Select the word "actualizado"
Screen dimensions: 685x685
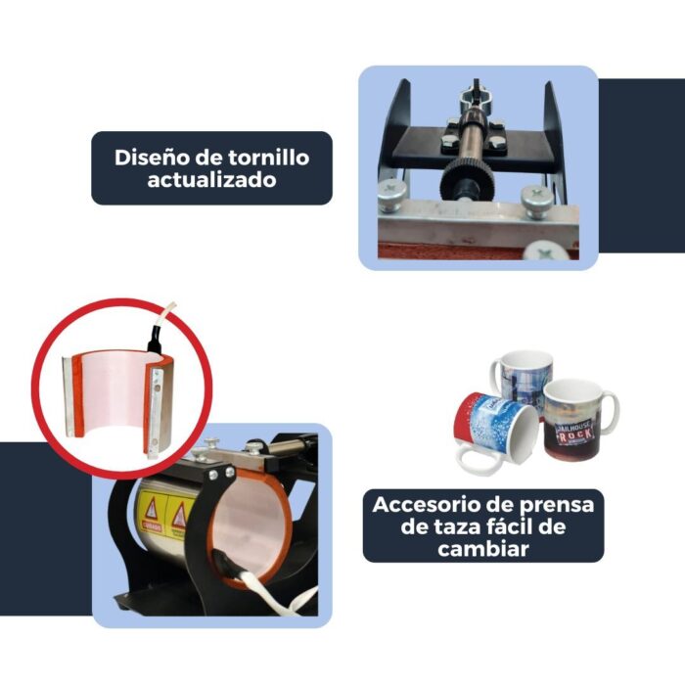click(x=211, y=181)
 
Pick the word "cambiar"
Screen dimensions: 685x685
click(x=483, y=549)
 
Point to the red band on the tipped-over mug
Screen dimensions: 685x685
click(x=468, y=415)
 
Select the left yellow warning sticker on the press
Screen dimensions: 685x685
click(x=151, y=509)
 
